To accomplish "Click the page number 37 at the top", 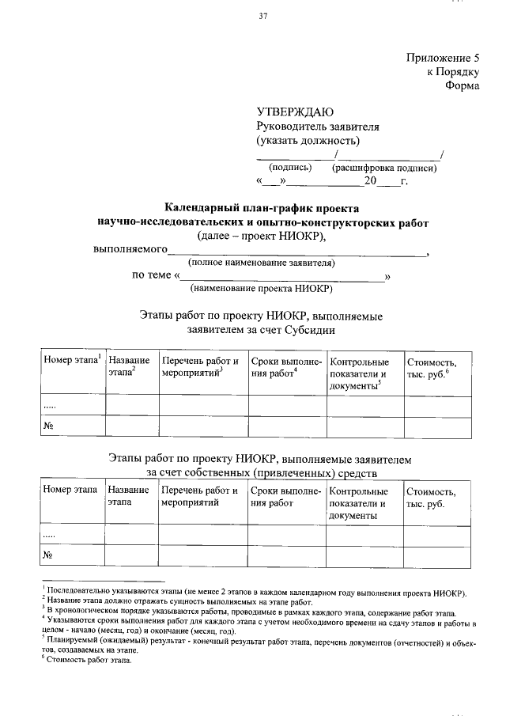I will coord(262,17).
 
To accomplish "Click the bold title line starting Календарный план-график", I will coord(262,208).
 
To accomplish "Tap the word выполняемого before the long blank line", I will coord(130,249).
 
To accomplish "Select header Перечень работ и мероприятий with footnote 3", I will coord(201,366).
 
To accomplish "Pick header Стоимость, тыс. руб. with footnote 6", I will coord(431,366).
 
